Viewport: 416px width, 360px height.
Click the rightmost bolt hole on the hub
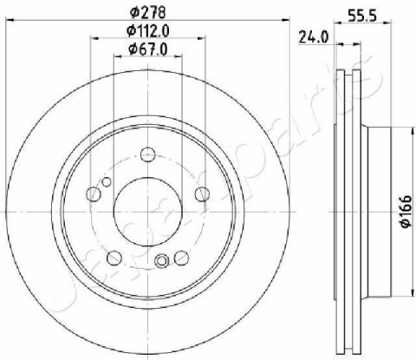pyautogui.click(x=203, y=193)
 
